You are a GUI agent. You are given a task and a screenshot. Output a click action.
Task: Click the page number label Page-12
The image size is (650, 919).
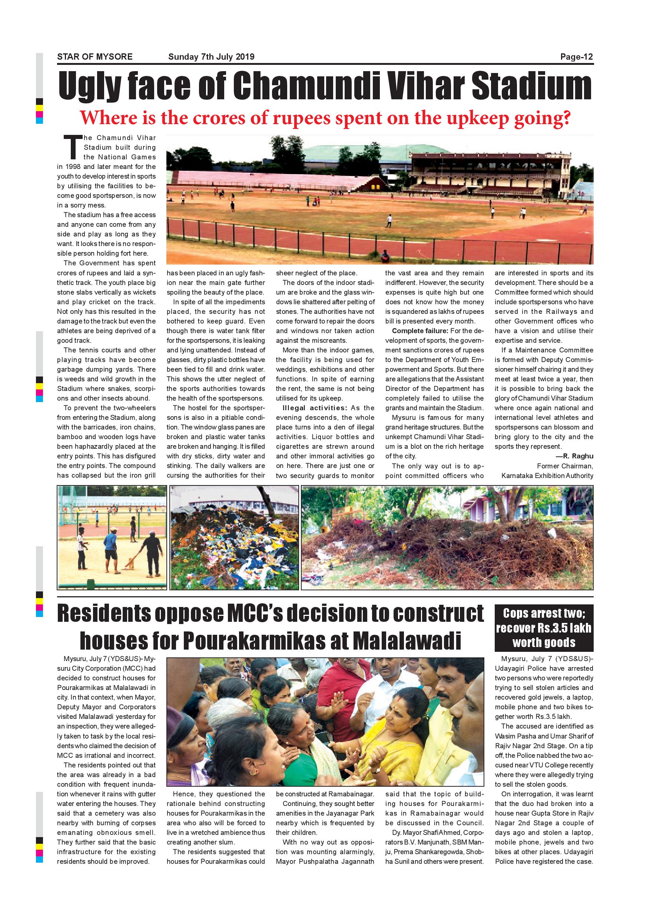(576, 57)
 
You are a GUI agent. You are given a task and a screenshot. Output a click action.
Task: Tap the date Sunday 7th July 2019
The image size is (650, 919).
(211, 57)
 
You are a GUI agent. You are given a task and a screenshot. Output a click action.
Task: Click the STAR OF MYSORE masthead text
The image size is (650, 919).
(94, 57)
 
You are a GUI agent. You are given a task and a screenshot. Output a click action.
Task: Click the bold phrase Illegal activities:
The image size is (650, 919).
(315, 408)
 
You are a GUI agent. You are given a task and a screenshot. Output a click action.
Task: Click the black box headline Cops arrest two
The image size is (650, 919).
(544, 614)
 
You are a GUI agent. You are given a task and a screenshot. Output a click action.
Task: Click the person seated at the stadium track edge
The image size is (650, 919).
(385, 256)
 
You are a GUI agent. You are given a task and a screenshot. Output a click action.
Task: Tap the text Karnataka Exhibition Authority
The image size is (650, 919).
(547, 475)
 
